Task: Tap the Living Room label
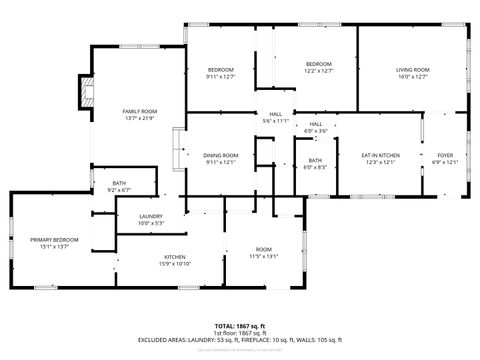[412, 68]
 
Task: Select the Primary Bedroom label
[54, 240]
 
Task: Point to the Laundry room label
[151, 215]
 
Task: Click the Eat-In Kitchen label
[380, 155]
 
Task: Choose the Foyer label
[444, 155]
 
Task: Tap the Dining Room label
[220, 155]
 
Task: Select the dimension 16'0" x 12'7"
[412, 76]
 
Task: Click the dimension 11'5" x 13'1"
[263, 256]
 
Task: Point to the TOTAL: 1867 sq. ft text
[239, 326]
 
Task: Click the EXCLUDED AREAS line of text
[239, 340]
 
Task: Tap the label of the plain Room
[263, 248]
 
